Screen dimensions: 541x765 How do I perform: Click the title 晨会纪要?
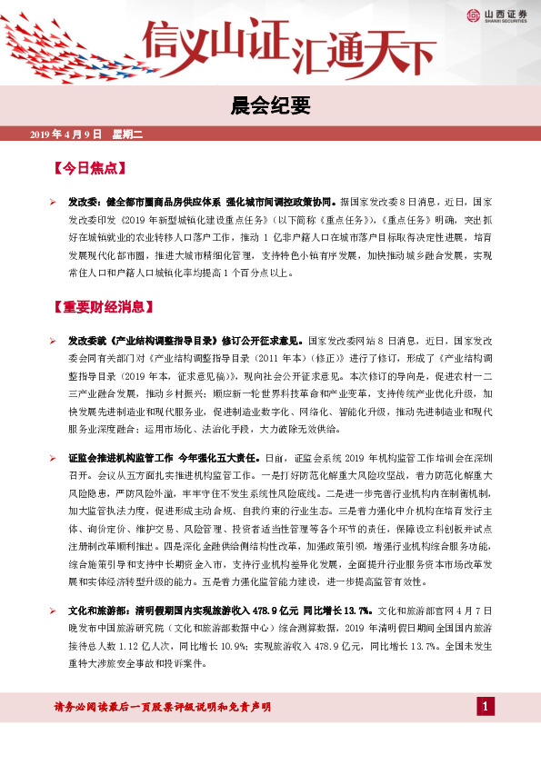pyautogui.click(x=270, y=107)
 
